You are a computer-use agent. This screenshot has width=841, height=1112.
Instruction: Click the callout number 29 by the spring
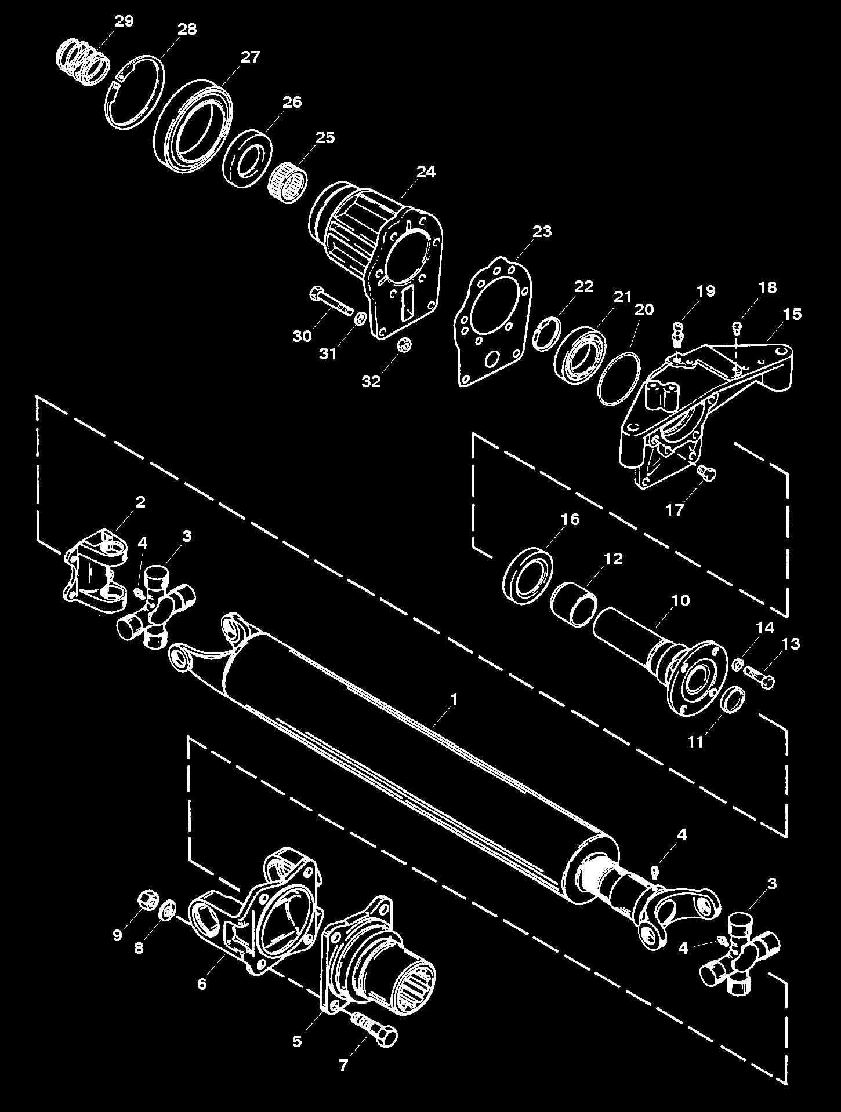coord(124,21)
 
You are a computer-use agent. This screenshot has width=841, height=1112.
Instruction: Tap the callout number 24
coord(426,172)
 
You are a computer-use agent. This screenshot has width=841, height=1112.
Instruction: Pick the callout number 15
coord(792,314)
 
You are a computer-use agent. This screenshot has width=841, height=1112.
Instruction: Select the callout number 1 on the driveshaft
coord(455,699)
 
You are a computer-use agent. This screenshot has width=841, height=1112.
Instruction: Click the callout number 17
coord(675,509)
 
